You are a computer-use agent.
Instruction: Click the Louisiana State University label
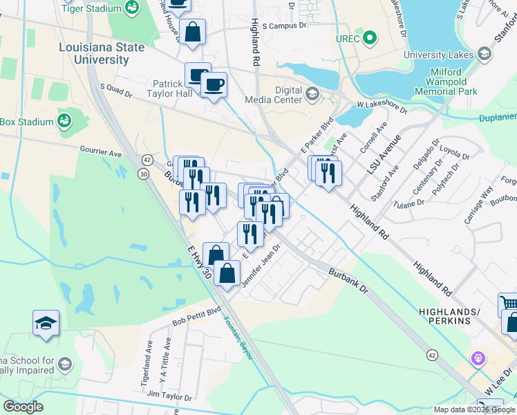click(102, 53)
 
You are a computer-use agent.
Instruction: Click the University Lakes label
click(438, 55)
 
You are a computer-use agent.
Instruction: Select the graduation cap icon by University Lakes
click(485, 54)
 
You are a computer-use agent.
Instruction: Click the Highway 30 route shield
click(143, 174)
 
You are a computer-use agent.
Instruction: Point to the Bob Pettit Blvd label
click(196, 317)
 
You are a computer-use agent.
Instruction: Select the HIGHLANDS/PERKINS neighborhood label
click(449, 316)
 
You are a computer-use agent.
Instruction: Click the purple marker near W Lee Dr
click(476, 358)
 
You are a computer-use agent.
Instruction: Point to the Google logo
click(23, 407)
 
